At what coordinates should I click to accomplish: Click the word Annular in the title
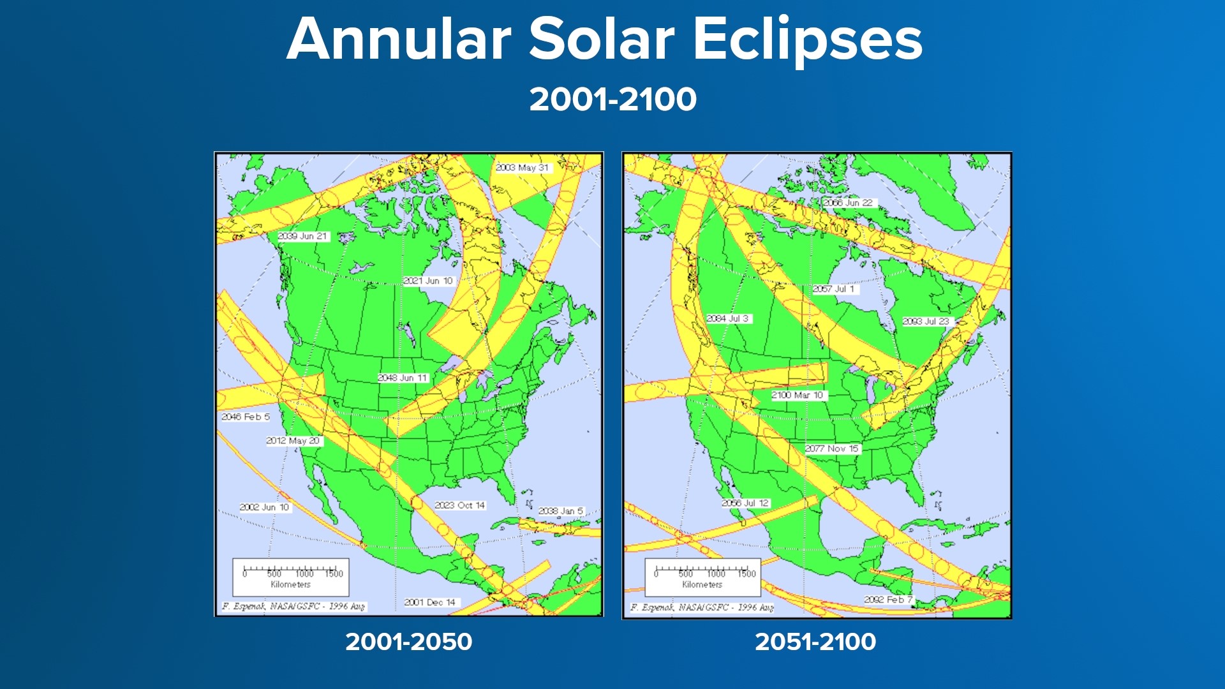399,40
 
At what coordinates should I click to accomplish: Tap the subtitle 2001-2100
612,100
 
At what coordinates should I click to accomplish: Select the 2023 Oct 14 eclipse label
459,505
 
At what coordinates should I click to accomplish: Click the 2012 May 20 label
293,441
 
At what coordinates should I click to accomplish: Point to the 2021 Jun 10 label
427,281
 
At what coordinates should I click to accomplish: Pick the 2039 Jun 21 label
302,236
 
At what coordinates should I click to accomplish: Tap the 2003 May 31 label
523,168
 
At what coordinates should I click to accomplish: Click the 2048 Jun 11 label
402,378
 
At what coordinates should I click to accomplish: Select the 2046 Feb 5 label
246,417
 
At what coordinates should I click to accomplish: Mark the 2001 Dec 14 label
430,602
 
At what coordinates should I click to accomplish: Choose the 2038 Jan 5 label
561,511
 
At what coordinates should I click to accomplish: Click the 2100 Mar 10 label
798,395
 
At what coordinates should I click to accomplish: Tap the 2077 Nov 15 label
832,448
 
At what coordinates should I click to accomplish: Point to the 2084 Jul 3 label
728,318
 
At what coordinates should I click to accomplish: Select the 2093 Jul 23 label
926,322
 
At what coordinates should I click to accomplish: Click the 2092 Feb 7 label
888,600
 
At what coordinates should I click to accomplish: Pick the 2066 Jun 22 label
848,203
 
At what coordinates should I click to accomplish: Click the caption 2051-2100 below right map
815,642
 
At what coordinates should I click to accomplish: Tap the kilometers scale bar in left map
291,576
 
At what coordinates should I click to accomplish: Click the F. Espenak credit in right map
702,607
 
